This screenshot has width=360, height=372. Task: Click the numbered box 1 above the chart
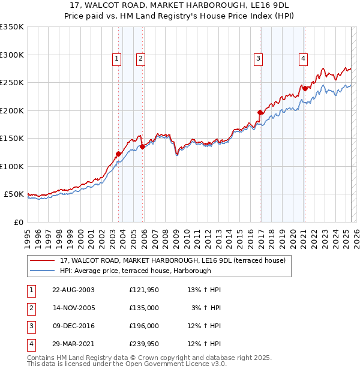pos(116,58)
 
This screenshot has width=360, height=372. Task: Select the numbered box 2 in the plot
pos(140,58)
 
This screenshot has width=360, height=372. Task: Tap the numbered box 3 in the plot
pos(258,58)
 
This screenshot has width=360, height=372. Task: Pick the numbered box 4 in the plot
pos(304,58)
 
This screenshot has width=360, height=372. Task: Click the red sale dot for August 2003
pos(118,154)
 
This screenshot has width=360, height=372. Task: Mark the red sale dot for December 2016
pos(260,112)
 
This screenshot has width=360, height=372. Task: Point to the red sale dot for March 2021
pos(305,88)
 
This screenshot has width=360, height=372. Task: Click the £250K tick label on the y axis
pos(12,83)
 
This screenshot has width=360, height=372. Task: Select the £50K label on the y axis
pos(14,194)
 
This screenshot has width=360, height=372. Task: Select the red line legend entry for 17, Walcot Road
pos(173,260)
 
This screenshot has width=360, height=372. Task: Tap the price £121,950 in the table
pos(143,290)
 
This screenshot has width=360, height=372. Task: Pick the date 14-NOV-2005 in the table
pos(73,307)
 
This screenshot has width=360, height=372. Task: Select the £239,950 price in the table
pos(143,344)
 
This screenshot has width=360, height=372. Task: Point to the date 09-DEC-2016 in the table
pos(73,326)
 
